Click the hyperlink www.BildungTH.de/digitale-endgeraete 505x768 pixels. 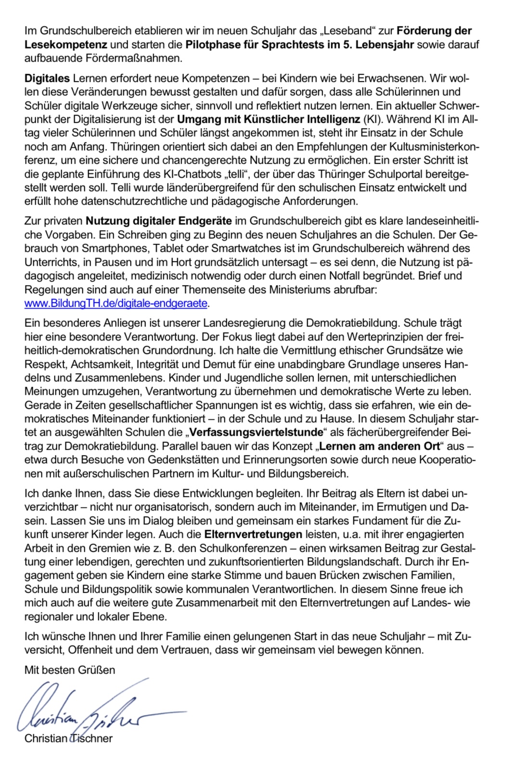tap(116, 303)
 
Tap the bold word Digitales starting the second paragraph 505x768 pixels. tap(47, 78)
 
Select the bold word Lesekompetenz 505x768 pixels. tap(65, 45)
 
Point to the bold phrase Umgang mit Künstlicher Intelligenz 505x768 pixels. tap(269, 119)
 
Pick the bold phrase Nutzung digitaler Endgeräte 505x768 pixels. tap(159, 221)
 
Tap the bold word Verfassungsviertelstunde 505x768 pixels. tap(256, 432)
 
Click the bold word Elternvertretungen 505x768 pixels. tap(253, 534)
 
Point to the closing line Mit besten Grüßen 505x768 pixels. tap(70, 670)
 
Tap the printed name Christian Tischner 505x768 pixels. tap(68, 739)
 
